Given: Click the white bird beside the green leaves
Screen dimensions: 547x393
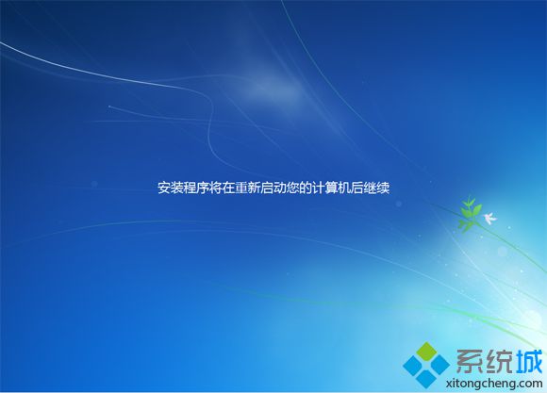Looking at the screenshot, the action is pos(489,218).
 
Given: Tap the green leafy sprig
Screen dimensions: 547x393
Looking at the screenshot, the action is pos(469,213).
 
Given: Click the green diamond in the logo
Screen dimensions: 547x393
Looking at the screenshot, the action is pos(426,352).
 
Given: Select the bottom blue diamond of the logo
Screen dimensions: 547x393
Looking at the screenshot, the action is pos(426,378).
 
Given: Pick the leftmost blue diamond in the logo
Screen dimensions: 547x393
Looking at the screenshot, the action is pos(413,365).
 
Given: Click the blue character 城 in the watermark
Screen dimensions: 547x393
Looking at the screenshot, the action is pos(529,361).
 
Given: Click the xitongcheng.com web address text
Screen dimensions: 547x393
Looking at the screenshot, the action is pos(494,383).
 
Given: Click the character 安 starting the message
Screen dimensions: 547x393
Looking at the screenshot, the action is pos(164,188).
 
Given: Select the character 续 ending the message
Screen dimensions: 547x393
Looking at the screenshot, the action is pos(383,188).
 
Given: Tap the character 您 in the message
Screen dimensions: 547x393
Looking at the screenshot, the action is pos(293,188).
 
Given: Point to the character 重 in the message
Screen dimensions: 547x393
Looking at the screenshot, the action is pos(241,188).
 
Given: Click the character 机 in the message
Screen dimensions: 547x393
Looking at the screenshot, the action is pos(344,188).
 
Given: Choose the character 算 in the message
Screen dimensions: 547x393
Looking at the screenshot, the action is pos(331,188).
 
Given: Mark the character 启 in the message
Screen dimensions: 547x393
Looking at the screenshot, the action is pos(267,188).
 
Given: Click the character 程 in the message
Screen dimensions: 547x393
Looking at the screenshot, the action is pos(190,188).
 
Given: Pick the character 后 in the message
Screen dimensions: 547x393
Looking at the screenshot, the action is pos(357,188).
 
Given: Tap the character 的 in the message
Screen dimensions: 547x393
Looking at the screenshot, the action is pos(306,188).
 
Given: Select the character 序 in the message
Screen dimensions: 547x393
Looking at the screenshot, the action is pos(203,188).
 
